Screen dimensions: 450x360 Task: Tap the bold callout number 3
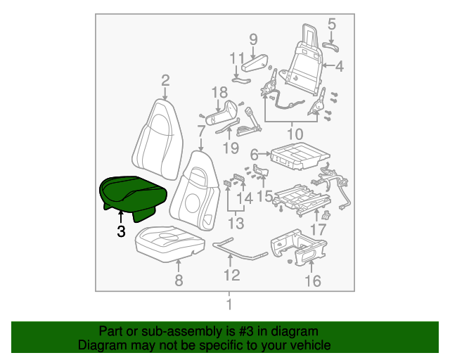(121, 231)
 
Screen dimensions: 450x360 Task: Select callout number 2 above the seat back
(165, 81)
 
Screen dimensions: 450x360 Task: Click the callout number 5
(331, 24)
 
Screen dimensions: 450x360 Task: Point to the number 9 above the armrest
(253, 39)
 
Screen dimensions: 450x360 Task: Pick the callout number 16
(312, 281)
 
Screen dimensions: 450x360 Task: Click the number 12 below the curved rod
(232, 275)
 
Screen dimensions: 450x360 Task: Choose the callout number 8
(179, 280)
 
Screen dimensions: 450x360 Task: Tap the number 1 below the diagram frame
(229, 304)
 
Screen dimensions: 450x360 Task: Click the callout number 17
(319, 230)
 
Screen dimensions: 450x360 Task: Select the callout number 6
(255, 155)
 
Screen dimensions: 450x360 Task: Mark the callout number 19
(231, 148)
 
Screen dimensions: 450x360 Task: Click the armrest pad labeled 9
(255, 63)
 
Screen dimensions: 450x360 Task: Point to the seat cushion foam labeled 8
(170, 243)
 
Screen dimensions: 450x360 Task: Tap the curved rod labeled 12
(240, 249)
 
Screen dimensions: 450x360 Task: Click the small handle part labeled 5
(330, 46)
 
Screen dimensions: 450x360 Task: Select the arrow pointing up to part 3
(121, 217)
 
